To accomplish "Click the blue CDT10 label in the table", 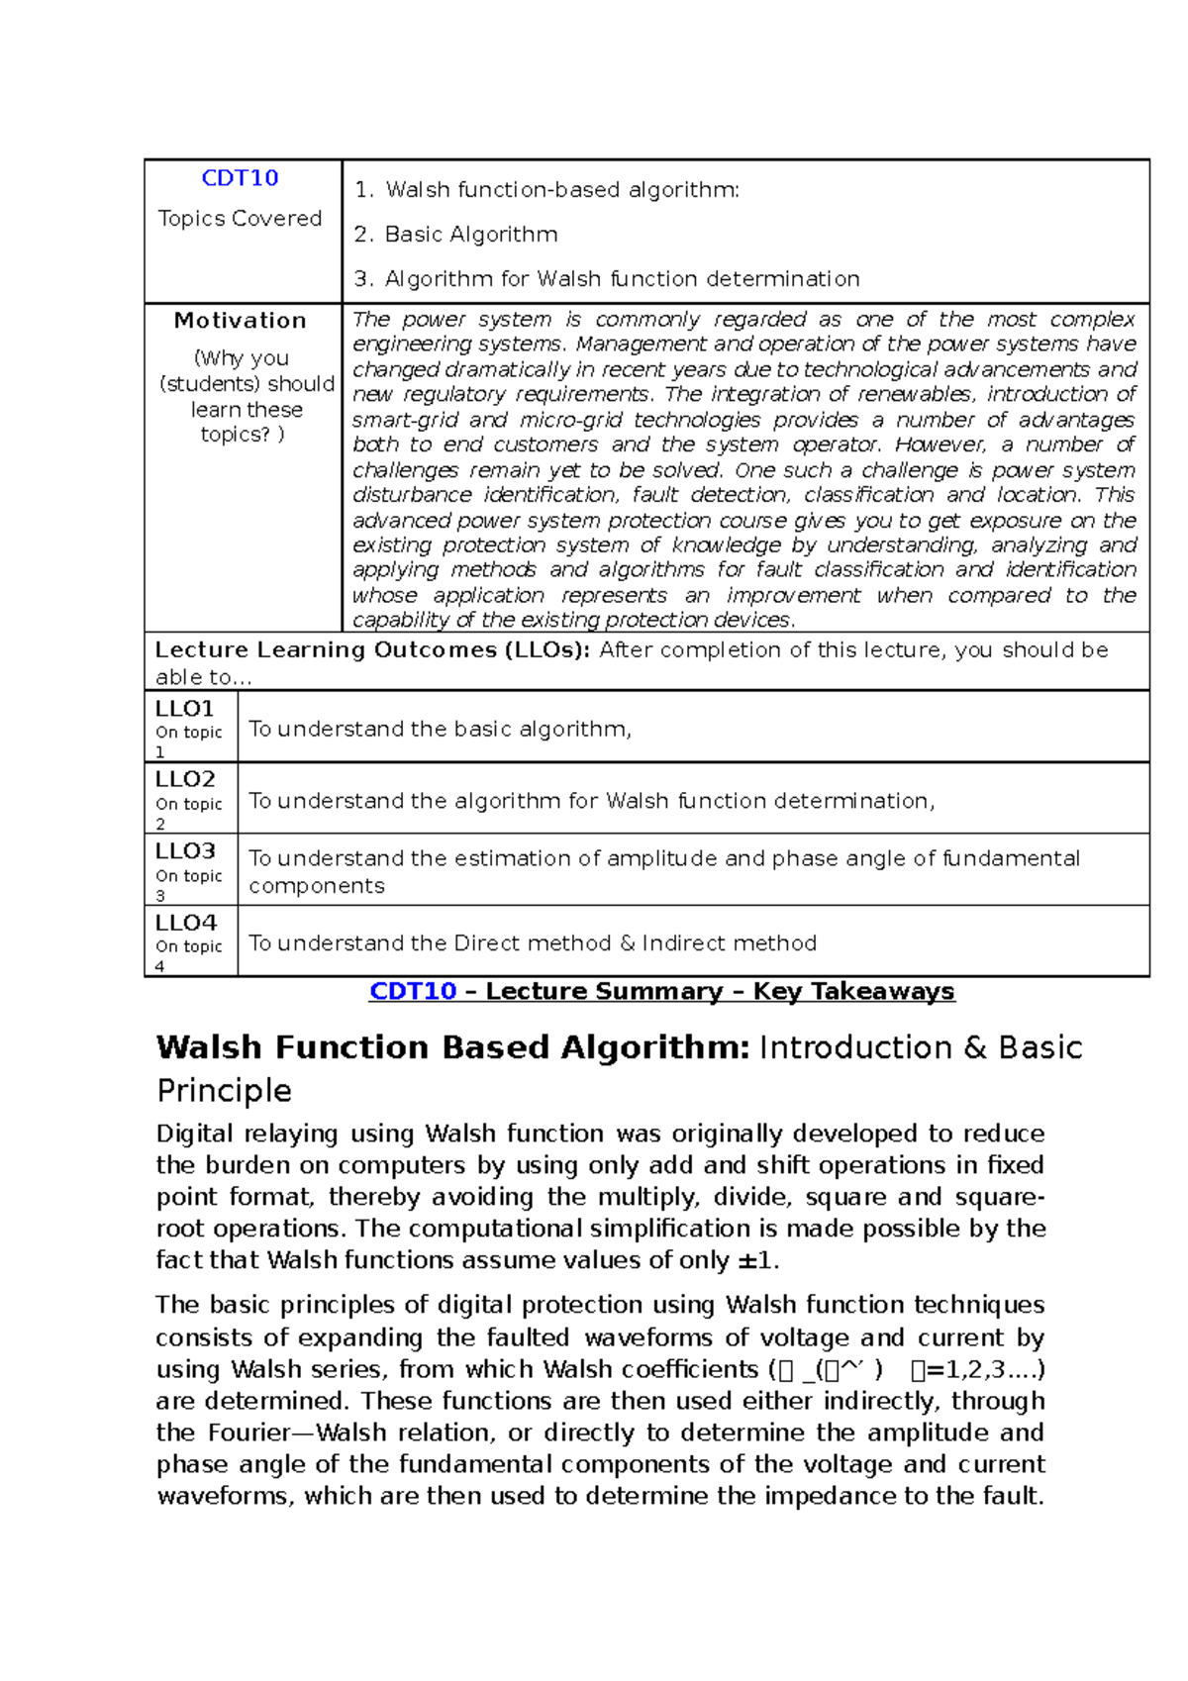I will [x=240, y=178].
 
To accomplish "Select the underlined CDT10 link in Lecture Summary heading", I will [x=412, y=991].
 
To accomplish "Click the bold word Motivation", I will [x=240, y=321].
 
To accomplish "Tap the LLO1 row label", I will [x=184, y=709].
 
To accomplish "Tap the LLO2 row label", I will [x=184, y=779].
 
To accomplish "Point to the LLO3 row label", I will [x=184, y=851].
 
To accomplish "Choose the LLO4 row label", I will [x=184, y=923].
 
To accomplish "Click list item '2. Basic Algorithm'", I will [x=455, y=235].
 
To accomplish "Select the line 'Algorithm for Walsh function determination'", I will [x=621, y=279].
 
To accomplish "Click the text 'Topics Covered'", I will [x=240, y=219].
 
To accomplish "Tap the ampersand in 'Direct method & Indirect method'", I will [x=627, y=943].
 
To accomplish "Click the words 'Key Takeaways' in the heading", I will [x=853, y=991].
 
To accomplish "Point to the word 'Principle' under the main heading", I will [x=224, y=1091].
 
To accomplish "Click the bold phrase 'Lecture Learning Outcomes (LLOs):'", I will [x=372, y=650].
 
